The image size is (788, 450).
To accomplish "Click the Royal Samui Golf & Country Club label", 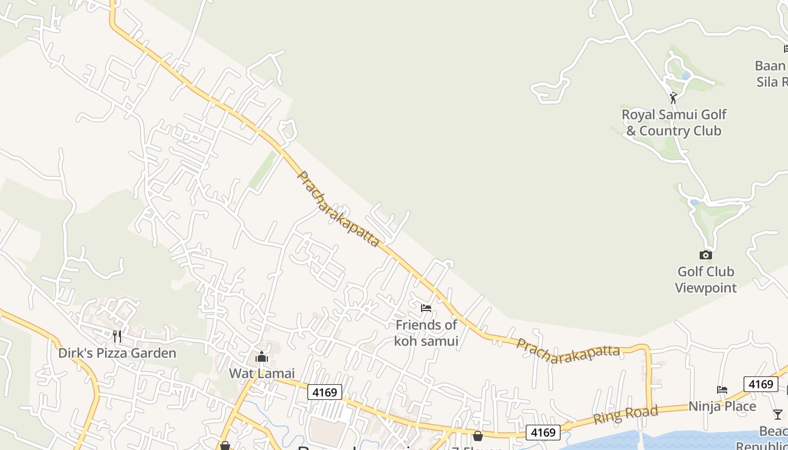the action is tap(673, 123).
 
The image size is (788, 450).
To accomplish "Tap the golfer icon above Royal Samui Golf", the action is tap(673, 98).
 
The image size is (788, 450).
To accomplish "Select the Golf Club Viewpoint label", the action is tap(705, 280).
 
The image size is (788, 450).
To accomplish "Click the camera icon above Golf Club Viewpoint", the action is tap(705, 255).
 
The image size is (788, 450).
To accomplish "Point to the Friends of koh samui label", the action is tap(426, 333).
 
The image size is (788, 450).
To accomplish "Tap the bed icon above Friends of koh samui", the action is tap(426, 308).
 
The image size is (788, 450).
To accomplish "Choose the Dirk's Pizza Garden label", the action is tap(117, 353).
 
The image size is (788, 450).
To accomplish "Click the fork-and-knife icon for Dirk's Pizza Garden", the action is tap(117, 336).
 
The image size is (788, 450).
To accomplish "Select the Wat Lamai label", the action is tap(262, 373).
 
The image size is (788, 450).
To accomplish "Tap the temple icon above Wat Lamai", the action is tap(261, 357).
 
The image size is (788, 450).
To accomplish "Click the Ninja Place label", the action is tap(722, 406).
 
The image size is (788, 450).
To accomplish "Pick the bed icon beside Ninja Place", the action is tap(722, 389).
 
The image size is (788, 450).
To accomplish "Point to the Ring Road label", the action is tap(625, 415).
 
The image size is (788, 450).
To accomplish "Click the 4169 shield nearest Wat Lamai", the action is tap(324, 392).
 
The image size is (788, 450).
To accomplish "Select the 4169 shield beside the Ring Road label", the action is tap(543, 433).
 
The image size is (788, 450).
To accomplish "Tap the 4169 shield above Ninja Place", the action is tap(760, 384).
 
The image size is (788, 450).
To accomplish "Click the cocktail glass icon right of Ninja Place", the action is tap(777, 415).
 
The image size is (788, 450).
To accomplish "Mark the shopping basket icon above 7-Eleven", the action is tap(478, 435).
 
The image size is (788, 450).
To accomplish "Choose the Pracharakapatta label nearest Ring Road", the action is tap(568, 350).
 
